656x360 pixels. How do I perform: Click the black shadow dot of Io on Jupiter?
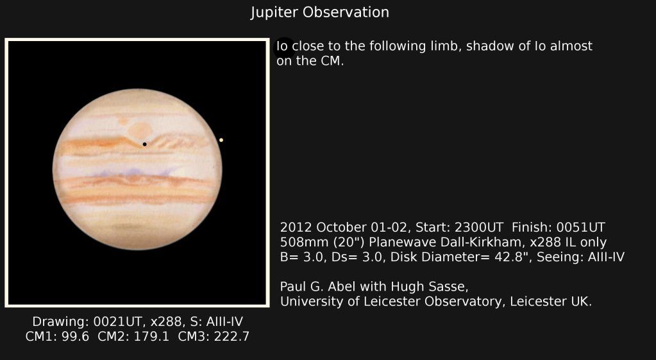(x=145, y=144)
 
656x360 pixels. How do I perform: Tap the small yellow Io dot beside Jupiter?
(x=221, y=140)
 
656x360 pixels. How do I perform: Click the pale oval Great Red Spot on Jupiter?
(x=140, y=130)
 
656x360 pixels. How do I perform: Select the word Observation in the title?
(x=346, y=12)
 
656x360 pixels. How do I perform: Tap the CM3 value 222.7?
(x=231, y=336)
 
